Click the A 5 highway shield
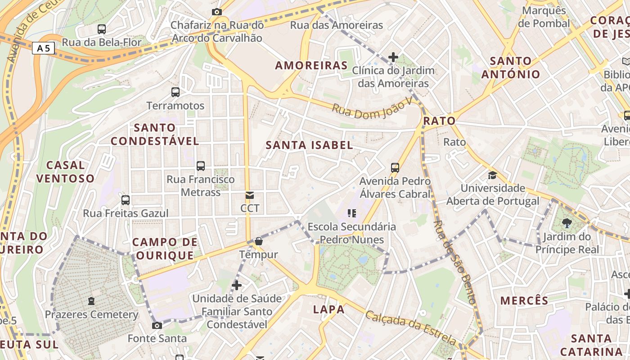click(x=43, y=48)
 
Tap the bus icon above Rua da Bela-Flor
click(x=102, y=29)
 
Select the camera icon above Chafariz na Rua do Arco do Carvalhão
click(x=216, y=12)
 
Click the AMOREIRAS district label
click(x=311, y=66)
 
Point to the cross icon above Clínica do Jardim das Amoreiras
click(x=393, y=57)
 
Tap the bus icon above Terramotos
click(x=175, y=92)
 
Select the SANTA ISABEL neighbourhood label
click(x=309, y=145)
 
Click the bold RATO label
click(x=439, y=121)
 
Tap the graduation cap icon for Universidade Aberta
click(x=493, y=175)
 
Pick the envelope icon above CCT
click(x=249, y=195)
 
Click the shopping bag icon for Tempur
click(x=258, y=242)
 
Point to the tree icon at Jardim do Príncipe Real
click(x=567, y=223)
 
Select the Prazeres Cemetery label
click(x=91, y=315)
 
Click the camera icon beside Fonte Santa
click(x=157, y=325)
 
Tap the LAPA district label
click(x=328, y=310)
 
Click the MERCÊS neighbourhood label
click(x=524, y=301)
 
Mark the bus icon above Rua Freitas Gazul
click(x=126, y=200)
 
